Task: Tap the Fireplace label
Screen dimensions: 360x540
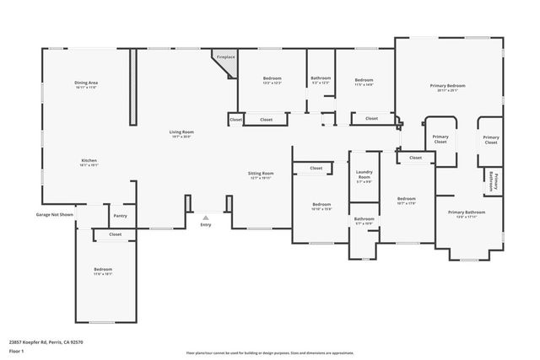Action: tap(225, 57)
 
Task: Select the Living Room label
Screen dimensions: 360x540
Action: tap(181, 133)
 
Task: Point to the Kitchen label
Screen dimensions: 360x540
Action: tap(89, 162)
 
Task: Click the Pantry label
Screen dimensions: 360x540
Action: tap(121, 216)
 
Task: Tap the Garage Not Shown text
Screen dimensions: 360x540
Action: tap(53, 215)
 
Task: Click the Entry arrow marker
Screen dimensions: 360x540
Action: tap(206, 217)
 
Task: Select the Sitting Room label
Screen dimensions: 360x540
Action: tap(262, 175)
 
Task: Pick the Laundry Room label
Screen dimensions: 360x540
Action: tap(364, 176)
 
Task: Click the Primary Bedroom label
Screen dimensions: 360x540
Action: tap(448, 87)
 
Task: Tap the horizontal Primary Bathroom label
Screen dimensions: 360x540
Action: tap(467, 213)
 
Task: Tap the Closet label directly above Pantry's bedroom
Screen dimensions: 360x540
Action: tap(116, 234)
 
